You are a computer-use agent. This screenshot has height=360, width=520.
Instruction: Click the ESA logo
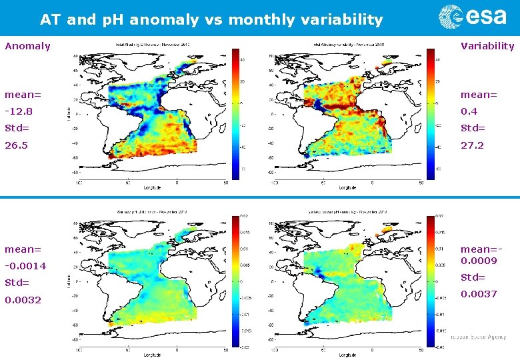click(473, 17)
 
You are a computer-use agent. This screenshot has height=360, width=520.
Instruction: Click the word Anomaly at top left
click(27, 46)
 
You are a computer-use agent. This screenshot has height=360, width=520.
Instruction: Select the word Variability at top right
click(487, 46)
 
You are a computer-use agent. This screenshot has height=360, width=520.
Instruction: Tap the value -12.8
click(19, 111)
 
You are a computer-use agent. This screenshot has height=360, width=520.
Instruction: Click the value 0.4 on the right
click(469, 111)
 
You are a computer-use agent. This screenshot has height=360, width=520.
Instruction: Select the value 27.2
click(472, 145)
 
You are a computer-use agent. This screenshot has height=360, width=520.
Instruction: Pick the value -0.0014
click(25, 266)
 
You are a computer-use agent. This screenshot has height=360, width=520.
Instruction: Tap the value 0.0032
click(23, 300)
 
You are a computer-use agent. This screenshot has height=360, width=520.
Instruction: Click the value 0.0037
click(479, 294)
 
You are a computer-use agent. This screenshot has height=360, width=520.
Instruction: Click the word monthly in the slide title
click(257, 20)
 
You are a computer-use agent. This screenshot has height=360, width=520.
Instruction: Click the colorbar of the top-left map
click(235, 110)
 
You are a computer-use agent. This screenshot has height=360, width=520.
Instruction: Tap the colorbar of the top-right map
click(430, 110)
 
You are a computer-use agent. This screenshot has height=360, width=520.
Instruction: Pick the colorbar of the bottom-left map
click(235, 281)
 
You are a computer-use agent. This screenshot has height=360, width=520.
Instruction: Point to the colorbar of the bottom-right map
click(430, 281)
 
